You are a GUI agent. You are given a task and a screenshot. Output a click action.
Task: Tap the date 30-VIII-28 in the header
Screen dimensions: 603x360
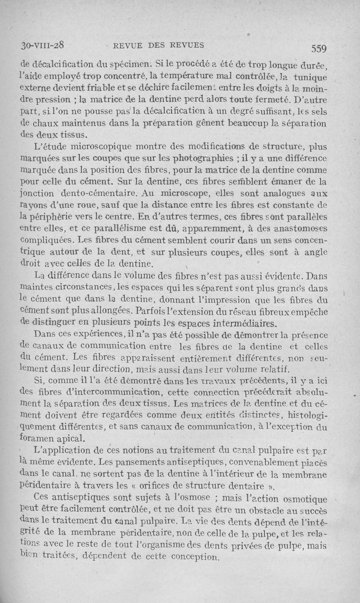44,45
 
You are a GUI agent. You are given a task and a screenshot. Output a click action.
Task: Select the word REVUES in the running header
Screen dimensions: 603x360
187,45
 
